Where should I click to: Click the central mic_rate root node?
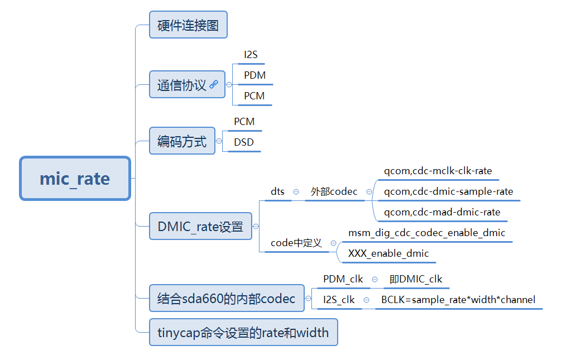point(75,179)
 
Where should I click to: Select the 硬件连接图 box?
point(188,25)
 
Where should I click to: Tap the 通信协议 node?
point(182,85)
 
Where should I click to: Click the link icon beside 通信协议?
point(214,85)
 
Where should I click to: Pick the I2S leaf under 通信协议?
point(251,55)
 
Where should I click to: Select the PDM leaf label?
point(254,75)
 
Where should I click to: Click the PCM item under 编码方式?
point(244,122)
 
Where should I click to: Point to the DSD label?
point(244,142)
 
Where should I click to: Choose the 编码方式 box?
point(182,141)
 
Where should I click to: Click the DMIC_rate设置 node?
point(200,227)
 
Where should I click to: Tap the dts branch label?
point(277,191)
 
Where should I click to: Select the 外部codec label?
point(334,191)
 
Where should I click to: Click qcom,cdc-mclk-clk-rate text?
point(438,171)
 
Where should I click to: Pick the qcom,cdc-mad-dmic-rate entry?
point(442,212)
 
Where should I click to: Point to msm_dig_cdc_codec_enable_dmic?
point(426,233)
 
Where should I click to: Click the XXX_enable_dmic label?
point(388,253)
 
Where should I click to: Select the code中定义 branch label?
point(296,243)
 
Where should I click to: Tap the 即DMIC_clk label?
point(416,279)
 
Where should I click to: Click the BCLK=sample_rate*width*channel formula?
point(458,300)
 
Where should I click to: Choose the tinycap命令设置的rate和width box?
point(243,333)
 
